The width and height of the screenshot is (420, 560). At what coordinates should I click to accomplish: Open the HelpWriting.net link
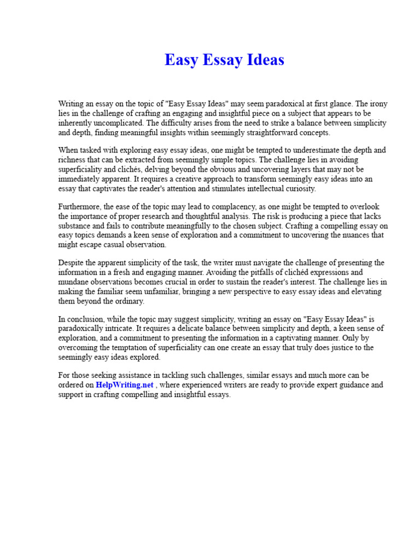pos(125,385)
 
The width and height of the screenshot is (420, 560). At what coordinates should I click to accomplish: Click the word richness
pos(72,160)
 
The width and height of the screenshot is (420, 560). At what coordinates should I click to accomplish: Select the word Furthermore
pos(79,206)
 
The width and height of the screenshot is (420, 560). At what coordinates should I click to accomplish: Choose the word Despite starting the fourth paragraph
pos(71,262)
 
